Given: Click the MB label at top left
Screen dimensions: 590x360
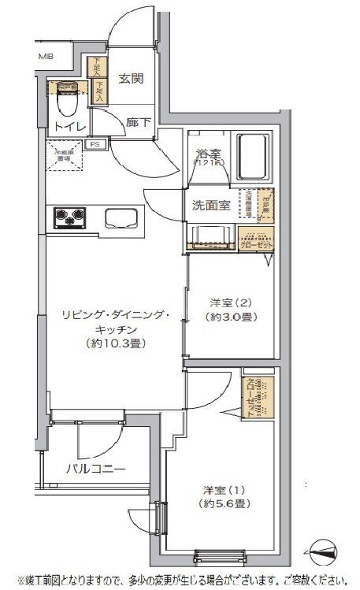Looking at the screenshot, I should coord(46,57).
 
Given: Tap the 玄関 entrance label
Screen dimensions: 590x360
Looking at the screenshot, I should coord(131,78).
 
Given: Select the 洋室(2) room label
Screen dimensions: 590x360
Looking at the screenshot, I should coord(234,302).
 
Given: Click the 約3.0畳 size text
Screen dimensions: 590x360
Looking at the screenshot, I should coord(234,317).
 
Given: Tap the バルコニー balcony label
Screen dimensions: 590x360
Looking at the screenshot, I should coord(95,469).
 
